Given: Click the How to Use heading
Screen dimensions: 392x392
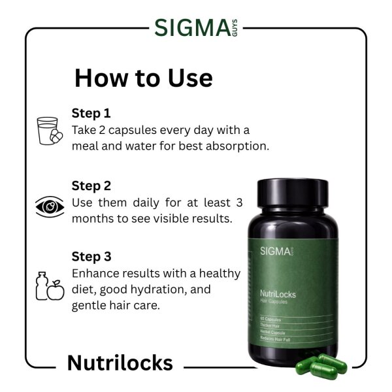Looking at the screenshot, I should tap(143, 78).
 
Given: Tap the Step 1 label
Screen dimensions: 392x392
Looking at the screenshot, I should tap(91, 112).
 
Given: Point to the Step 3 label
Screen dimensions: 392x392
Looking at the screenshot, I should tap(91, 256).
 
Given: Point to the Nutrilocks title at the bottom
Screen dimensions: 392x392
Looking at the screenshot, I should tap(120, 363).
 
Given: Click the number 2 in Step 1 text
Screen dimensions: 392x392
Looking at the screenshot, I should tap(103, 129).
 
